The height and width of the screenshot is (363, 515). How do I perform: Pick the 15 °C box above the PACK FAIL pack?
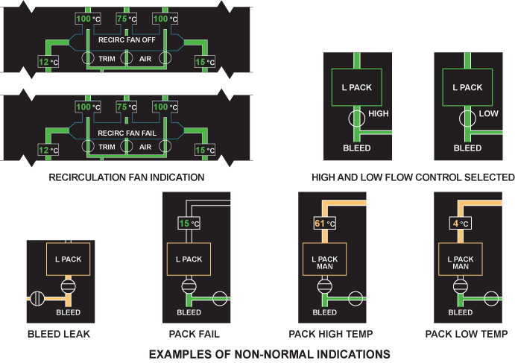click(189, 222)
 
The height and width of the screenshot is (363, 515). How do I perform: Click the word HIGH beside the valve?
click(379, 113)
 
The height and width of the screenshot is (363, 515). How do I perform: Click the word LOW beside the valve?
click(489, 113)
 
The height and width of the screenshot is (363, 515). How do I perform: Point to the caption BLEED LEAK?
click(58, 334)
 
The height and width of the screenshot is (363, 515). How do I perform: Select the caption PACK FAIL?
click(194, 334)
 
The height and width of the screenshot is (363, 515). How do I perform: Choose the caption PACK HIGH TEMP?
click(331, 334)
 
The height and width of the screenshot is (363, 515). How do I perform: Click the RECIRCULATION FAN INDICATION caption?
click(126, 177)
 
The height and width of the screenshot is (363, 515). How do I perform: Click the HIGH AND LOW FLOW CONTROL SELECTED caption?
click(414, 177)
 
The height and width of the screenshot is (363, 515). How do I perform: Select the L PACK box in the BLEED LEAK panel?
click(68, 259)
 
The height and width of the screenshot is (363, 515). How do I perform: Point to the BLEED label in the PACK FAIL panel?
click(189, 312)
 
